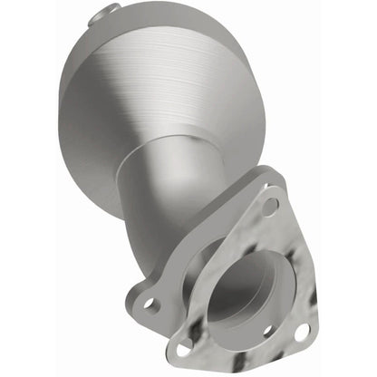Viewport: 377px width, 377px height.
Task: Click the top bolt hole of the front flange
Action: (269, 207)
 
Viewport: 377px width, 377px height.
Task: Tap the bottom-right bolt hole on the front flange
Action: (300, 332)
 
